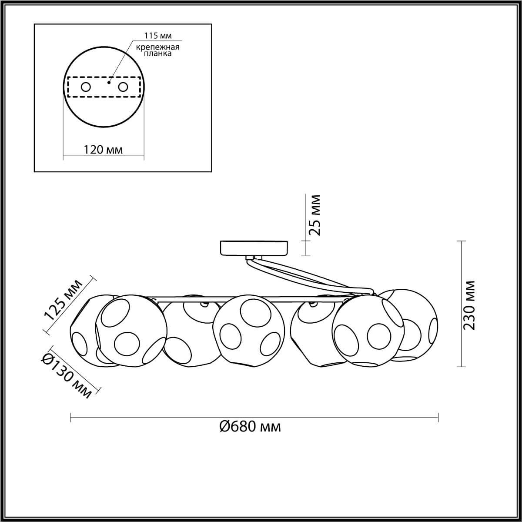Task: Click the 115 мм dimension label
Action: point(158,36)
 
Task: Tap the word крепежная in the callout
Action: point(157,47)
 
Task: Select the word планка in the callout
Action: point(157,54)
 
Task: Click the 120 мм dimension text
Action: point(103,150)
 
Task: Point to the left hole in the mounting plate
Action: point(86,87)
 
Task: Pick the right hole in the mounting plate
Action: point(123,87)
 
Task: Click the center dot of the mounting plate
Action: point(109,83)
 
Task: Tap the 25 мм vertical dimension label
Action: point(315,215)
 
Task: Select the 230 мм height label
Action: point(469,305)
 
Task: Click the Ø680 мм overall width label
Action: point(250,427)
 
